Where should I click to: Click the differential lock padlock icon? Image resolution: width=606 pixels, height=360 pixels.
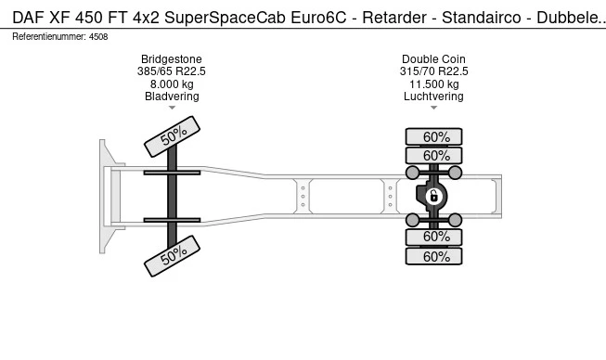[433, 196]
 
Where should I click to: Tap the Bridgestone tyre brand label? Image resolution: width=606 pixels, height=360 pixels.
[171, 59]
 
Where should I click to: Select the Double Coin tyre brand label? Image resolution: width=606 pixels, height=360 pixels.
[433, 59]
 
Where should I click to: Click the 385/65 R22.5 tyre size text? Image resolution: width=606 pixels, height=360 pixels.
[171, 71]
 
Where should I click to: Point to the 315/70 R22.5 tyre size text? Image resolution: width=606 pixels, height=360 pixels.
[433, 71]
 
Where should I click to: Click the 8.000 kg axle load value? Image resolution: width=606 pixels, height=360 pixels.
[172, 84]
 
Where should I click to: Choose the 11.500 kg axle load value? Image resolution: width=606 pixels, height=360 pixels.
[434, 84]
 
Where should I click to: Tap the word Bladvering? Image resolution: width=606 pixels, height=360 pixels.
[172, 96]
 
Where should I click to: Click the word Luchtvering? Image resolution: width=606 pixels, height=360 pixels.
[433, 96]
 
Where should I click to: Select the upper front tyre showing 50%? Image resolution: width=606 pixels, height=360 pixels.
[172, 136]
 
